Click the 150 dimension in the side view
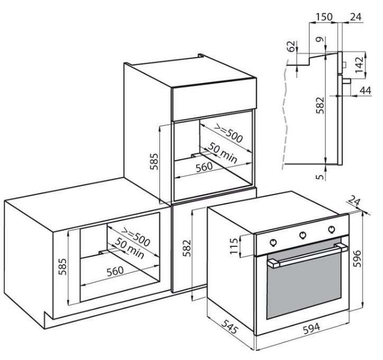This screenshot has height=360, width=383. click(324, 17)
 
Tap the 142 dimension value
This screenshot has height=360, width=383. click(359, 64)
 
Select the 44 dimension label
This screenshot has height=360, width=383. click(366, 90)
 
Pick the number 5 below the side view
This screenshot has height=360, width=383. click(321, 177)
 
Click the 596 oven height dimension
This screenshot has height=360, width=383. click(357, 259)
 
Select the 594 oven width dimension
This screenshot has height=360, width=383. click(312, 328)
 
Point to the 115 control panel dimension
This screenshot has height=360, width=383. click(234, 246)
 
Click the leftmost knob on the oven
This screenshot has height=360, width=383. click(273, 242)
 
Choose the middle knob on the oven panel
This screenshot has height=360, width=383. click(303, 235)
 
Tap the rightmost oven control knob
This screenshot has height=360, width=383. click(332, 229)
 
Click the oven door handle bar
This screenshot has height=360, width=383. click(308, 255)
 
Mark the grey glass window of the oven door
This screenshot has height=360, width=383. click(304, 285)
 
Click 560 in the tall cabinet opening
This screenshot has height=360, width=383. click(204, 167)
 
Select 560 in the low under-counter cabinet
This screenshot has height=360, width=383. click(115, 271)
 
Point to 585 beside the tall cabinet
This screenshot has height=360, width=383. click(154, 161)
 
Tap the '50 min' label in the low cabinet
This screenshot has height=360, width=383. click(130, 248)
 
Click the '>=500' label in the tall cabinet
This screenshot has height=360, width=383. click(229, 133)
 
